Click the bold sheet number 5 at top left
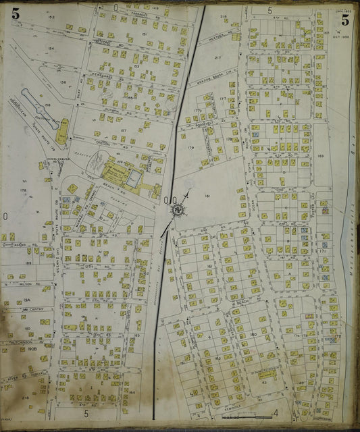(16, 13)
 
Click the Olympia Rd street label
(111, 110)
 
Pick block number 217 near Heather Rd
(217, 58)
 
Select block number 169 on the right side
(321, 156)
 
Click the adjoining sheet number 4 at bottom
(276, 412)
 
